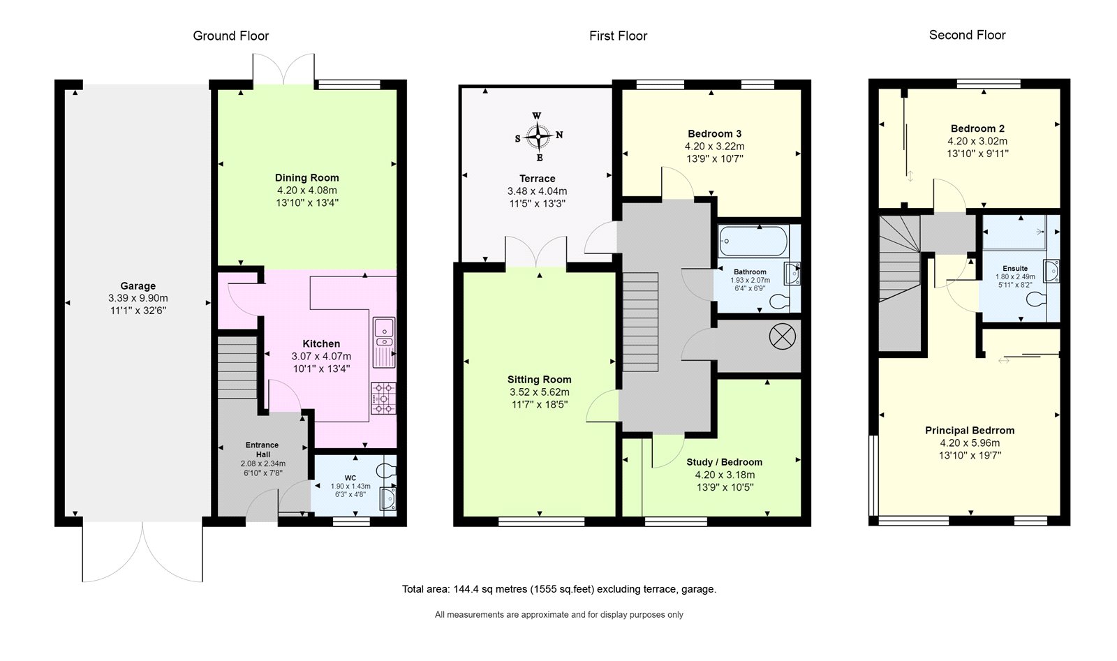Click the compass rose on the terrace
[538, 136]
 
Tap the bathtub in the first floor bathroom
[753, 242]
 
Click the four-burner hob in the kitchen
[383, 399]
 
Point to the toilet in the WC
[387, 470]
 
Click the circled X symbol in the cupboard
[782, 336]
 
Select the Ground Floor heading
[231, 36]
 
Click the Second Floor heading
[968, 35]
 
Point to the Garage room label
[138, 285]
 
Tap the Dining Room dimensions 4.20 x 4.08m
[307, 190]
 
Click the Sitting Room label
[540, 379]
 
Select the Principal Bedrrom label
[970, 430]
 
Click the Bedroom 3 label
[715, 133]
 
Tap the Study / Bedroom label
[725, 462]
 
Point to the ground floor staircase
[238, 368]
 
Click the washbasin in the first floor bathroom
[792, 273]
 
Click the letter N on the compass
[559, 135]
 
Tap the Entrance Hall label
[262, 450]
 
